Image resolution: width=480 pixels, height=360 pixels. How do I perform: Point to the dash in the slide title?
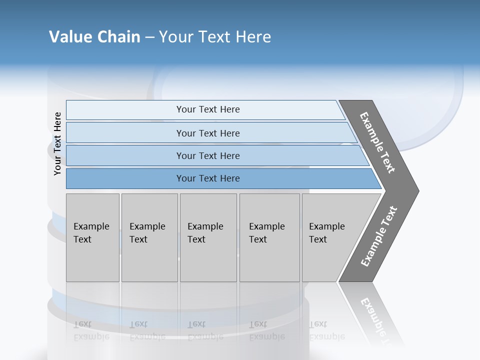click(x=149, y=37)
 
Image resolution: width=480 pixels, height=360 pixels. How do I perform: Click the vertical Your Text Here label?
click(x=57, y=143)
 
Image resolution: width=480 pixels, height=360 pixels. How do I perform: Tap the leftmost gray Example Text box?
click(x=92, y=237)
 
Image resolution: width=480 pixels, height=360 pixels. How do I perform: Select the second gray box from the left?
click(x=149, y=237)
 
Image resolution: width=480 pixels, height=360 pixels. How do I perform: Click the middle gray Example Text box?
click(x=208, y=237)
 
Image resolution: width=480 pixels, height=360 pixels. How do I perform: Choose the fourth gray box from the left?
click(x=269, y=237)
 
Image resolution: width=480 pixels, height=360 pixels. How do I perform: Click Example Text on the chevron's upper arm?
click(x=378, y=142)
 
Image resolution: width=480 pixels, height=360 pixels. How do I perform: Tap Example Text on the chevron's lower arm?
click(x=379, y=236)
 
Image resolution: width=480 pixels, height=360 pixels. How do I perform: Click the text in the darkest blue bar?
click(x=208, y=178)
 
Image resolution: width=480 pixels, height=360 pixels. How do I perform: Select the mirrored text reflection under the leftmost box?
click(x=91, y=330)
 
